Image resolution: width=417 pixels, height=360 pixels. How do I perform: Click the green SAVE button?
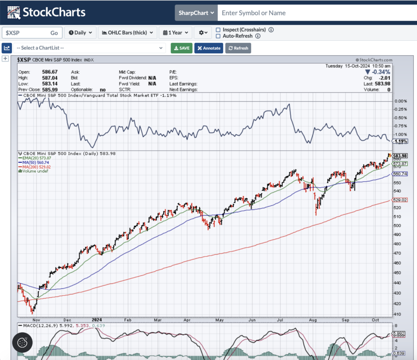181,48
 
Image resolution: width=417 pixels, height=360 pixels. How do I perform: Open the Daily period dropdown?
80,33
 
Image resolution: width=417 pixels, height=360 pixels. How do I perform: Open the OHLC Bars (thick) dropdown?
127,33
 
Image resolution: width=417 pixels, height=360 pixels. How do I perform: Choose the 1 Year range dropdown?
176,33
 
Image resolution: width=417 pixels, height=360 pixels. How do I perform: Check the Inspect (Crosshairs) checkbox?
218,30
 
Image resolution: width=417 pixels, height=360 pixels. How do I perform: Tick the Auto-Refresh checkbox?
218,36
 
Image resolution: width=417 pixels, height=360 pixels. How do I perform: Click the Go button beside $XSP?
54,33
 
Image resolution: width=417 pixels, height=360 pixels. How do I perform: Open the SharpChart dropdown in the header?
196,13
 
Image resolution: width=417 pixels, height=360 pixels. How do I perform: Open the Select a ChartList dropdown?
89,48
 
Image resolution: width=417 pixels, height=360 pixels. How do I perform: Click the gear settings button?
203,33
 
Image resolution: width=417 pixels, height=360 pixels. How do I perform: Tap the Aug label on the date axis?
313,320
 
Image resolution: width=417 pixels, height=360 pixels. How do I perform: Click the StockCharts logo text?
54,12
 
